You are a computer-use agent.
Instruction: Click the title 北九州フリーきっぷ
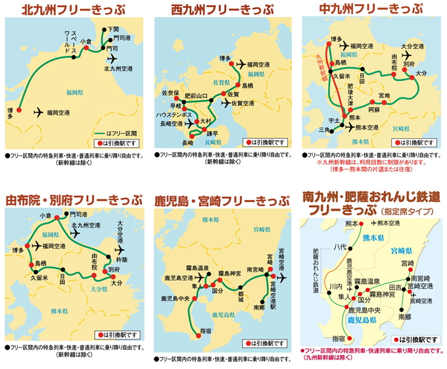tap(74, 9)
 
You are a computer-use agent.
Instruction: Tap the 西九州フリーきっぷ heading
tap(223, 9)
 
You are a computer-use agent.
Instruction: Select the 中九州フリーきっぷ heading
tap(371, 9)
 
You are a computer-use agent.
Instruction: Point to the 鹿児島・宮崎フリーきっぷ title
tap(222, 199)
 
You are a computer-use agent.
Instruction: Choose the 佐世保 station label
tap(170, 93)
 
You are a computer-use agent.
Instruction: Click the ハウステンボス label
tap(174, 114)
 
